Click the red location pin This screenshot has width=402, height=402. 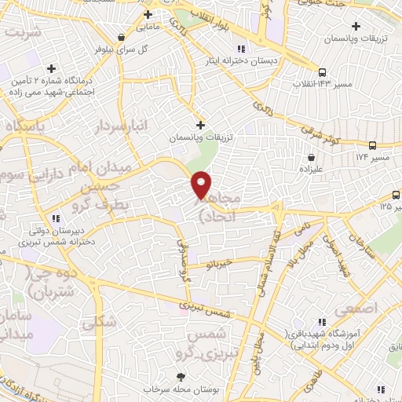pos(202,185)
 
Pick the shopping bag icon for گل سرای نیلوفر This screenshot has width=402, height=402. pos(120,36)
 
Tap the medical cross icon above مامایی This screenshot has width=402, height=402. pos(148,15)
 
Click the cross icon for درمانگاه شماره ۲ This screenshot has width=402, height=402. pos(52,69)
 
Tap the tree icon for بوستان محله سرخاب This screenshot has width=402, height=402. pos(166,375)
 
